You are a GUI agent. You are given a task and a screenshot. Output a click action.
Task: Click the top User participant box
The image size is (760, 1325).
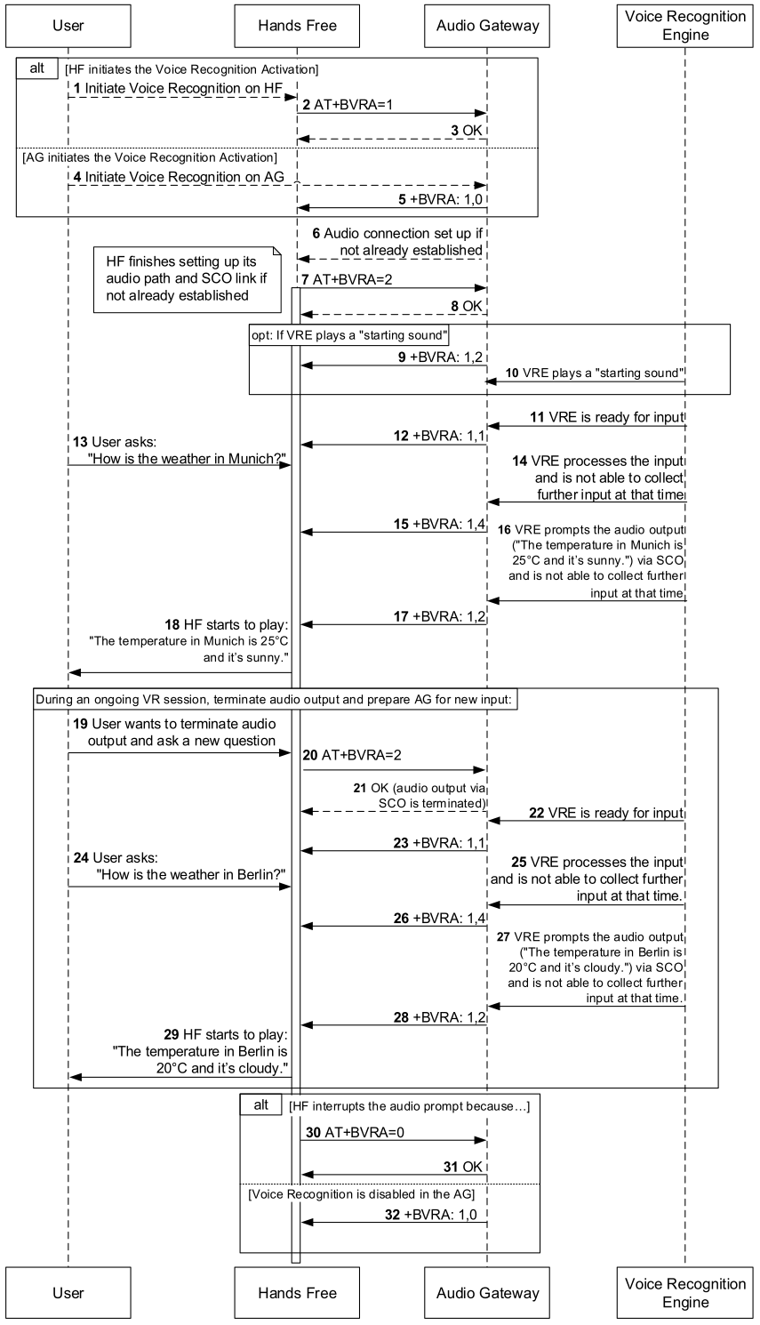pyautogui.click(x=68, y=26)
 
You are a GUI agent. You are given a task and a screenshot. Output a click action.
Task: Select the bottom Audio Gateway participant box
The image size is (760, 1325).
pyautogui.click(x=488, y=1293)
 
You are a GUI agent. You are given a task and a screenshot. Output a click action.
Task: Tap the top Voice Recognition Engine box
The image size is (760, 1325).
pyautogui.click(x=685, y=26)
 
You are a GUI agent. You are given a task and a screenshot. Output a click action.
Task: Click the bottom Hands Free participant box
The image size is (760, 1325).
pyautogui.click(x=297, y=1293)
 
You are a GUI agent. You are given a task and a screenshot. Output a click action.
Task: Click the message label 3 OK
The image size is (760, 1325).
pyautogui.click(x=467, y=130)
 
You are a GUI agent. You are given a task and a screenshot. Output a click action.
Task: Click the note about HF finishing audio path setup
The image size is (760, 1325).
pyautogui.click(x=187, y=278)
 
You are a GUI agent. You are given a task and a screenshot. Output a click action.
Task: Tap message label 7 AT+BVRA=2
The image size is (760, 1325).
pyautogui.click(x=347, y=279)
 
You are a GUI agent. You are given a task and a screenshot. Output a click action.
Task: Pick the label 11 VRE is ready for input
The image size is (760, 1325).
pyautogui.click(x=606, y=417)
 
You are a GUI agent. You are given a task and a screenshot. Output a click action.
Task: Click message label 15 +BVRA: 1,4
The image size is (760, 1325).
pyautogui.click(x=440, y=524)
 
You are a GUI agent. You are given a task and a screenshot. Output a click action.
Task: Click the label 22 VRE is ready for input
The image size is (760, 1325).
pyautogui.click(x=606, y=812)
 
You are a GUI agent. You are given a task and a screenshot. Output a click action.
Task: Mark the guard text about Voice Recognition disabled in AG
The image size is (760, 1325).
pyautogui.click(x=361, y=1193)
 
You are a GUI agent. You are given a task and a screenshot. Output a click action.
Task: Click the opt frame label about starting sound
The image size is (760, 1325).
pyautogui.click(x=349, y=336)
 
